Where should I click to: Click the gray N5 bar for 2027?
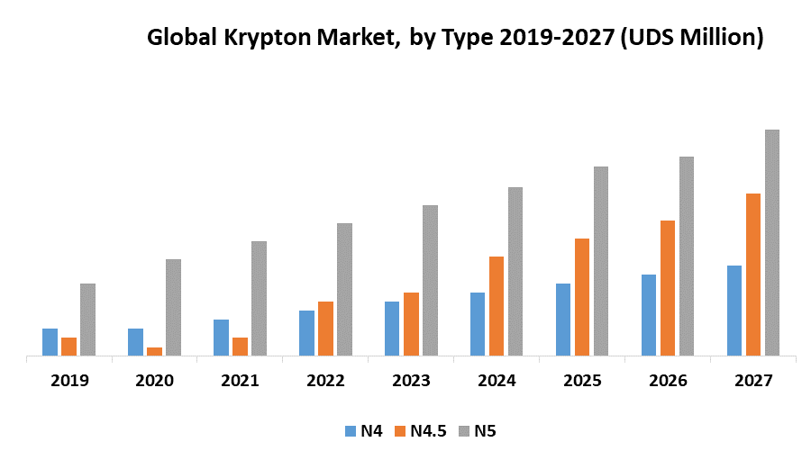772,242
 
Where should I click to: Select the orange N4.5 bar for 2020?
154,351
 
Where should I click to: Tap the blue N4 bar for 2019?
50,342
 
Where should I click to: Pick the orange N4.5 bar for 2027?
753,275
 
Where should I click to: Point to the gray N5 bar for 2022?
344,289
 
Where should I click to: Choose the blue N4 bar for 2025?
563,320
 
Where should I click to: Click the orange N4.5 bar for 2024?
497,306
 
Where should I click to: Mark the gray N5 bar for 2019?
87,320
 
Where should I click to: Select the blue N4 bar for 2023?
392,329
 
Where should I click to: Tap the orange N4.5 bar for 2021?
240,347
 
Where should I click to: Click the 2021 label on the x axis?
240,381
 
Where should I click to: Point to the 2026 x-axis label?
668,381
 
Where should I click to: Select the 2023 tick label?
411,381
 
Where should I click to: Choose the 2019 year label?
69,381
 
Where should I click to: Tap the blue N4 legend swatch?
351,431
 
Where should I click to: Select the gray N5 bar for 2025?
601,261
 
